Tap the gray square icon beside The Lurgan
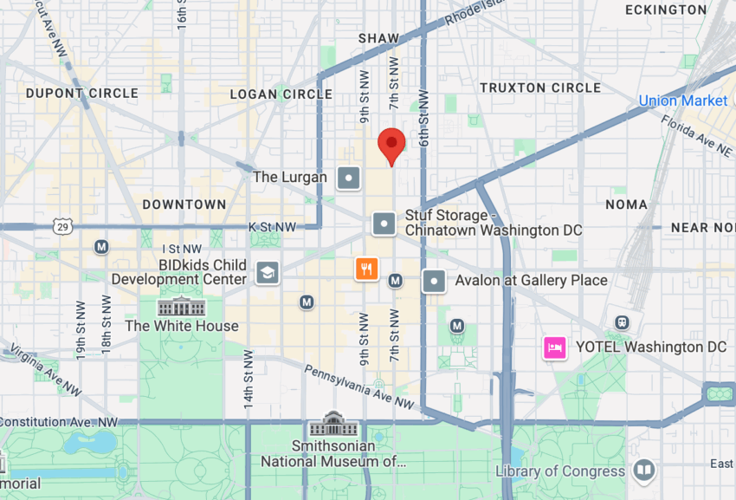pos(348,179)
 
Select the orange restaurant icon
pos(367,269)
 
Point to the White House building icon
pos(182,306)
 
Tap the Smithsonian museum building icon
pos(333,425)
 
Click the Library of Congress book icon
pos(643,471)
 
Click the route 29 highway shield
pos(61,227)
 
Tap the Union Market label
pos(682,101)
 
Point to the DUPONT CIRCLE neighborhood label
pos(82,93)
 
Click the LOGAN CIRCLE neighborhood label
pos(281,94)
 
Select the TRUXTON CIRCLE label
pos(539,88)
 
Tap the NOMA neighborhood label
pos(626,205)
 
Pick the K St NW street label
pos(273,227)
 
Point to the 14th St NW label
pos(249,380)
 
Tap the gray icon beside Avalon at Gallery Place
pos(434,281)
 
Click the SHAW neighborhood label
pos(379,38)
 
